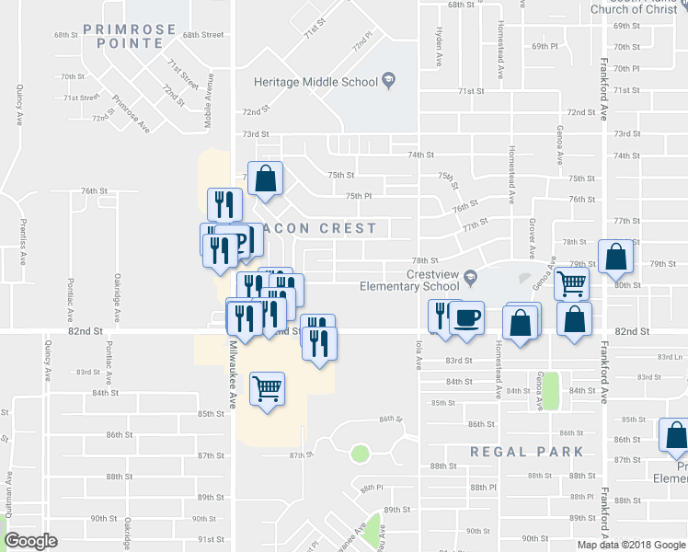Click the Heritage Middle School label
pyautogui.click(x=315, y=82)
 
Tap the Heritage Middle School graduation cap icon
pyautogui.click(x=388, y=81)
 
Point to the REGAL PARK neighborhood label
pyautogui.click(x=527, y=452)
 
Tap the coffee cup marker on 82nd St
pyautogui.click(x=467, y=318)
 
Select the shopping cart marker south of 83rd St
pyautogui.click(x=267, y=388)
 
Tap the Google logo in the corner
pyautogui.click(x=31, y=541)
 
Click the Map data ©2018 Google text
pyautogui.click(x=630, y=545)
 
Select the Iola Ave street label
pyautogui.click(x=419, y=354)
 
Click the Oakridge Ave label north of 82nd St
pyautogui.click(x=117, y=295)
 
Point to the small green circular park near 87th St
pyautogui.click(x=360, y=453)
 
